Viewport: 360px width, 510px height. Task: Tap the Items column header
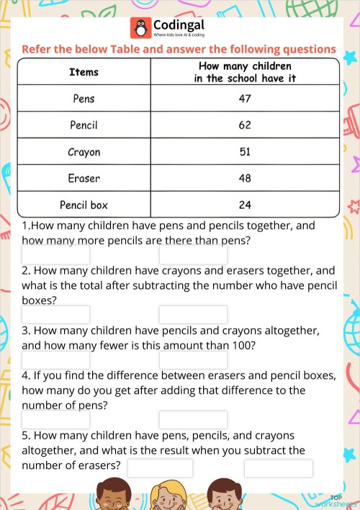coord(84,72)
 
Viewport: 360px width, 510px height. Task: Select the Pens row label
coord(84,99)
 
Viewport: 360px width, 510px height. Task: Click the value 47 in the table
coord(245,99)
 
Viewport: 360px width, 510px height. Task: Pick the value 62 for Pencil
coord(245,125)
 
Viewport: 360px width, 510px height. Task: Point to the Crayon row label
coord(84,152)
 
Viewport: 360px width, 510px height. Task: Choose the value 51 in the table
coord(245,152)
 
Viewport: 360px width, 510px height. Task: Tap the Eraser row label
coord(84,178)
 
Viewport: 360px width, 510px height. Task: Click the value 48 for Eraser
coord(245,178)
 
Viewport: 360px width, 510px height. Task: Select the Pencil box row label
coord(84,205)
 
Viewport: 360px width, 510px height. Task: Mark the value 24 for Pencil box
coord(245,205)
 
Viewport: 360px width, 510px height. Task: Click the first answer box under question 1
coord(56,255)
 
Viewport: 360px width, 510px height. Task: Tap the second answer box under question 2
coord(193,315)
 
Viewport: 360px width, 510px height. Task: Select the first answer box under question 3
coord(56,359)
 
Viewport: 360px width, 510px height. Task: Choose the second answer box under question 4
coord(193,419)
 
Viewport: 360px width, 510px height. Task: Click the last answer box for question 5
coord(278,468)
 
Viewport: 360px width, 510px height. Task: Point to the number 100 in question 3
coord(241,345)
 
